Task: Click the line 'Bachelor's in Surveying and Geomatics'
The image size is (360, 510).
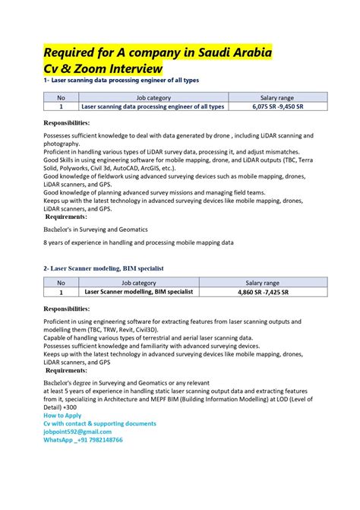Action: pos(96,228)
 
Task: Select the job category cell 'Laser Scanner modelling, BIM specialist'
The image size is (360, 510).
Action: pos(138,292)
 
